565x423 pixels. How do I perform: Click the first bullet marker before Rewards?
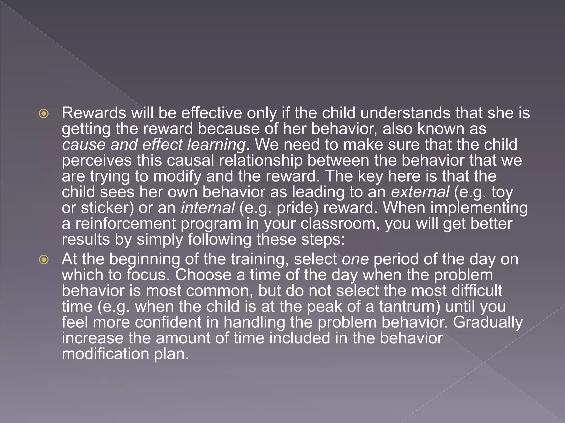(x=44, y=113)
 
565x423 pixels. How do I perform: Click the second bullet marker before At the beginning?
(x=44, y=260)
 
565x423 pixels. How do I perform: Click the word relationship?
(x=261, y=161)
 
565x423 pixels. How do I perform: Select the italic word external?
(x=420, y=192)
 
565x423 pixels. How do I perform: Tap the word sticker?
(x=106, y=208)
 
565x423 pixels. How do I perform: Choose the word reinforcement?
(x=126, y=224)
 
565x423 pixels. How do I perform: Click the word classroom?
(x=338, y=224)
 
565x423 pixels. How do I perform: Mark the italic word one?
(x=355, y=259)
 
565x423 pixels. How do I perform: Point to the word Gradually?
(x=487, y=323)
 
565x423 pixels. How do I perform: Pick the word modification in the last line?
(x=105, y=354)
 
